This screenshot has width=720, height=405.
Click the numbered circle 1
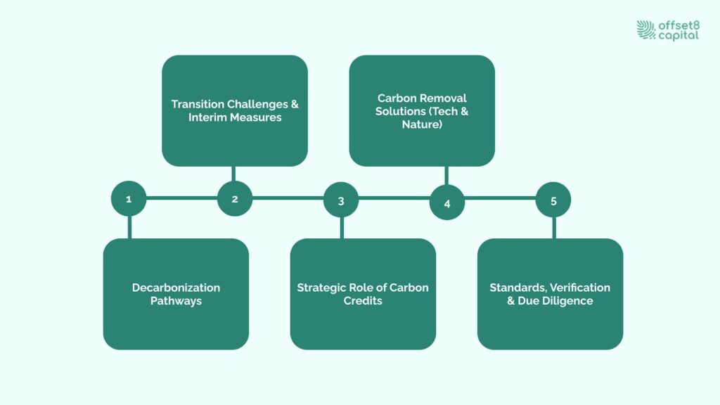pyautogui.click(x=129, y=199)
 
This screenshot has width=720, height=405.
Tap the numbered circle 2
pyautogui.click(x=235, y=199)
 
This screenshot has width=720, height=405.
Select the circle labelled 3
pyautogui.click(x=341, y=200)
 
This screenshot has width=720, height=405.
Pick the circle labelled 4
pyautogui.click(x=447, y=203)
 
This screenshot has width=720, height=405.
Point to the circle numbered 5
pyautogui.click(x=553, y=200)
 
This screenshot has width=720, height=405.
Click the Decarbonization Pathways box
pyautogui.click(x=176, y=294)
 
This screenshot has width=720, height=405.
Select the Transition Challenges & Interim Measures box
pyautogui.click(x=235, y=110)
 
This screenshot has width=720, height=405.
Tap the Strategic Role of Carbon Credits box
pyautogui.click(x=363, y=294)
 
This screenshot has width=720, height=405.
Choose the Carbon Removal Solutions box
pyautogui.click(x=422, y=110)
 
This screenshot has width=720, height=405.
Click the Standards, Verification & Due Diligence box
pyautogui.click(x=550, y=294)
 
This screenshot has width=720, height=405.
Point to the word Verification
pyautogui.click(x=576, y=288)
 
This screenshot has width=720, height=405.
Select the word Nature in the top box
pyautogui.click(x=422, y=124)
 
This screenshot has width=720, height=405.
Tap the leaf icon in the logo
pyautogui.click(x=646, y=30)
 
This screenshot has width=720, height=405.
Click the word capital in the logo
pyautogui.click(x=679, y=35)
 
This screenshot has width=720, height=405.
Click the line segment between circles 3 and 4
pyautogui.click(x=394, y=198)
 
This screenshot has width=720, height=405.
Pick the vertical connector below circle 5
pyautogui.click(x=553, y=228)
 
